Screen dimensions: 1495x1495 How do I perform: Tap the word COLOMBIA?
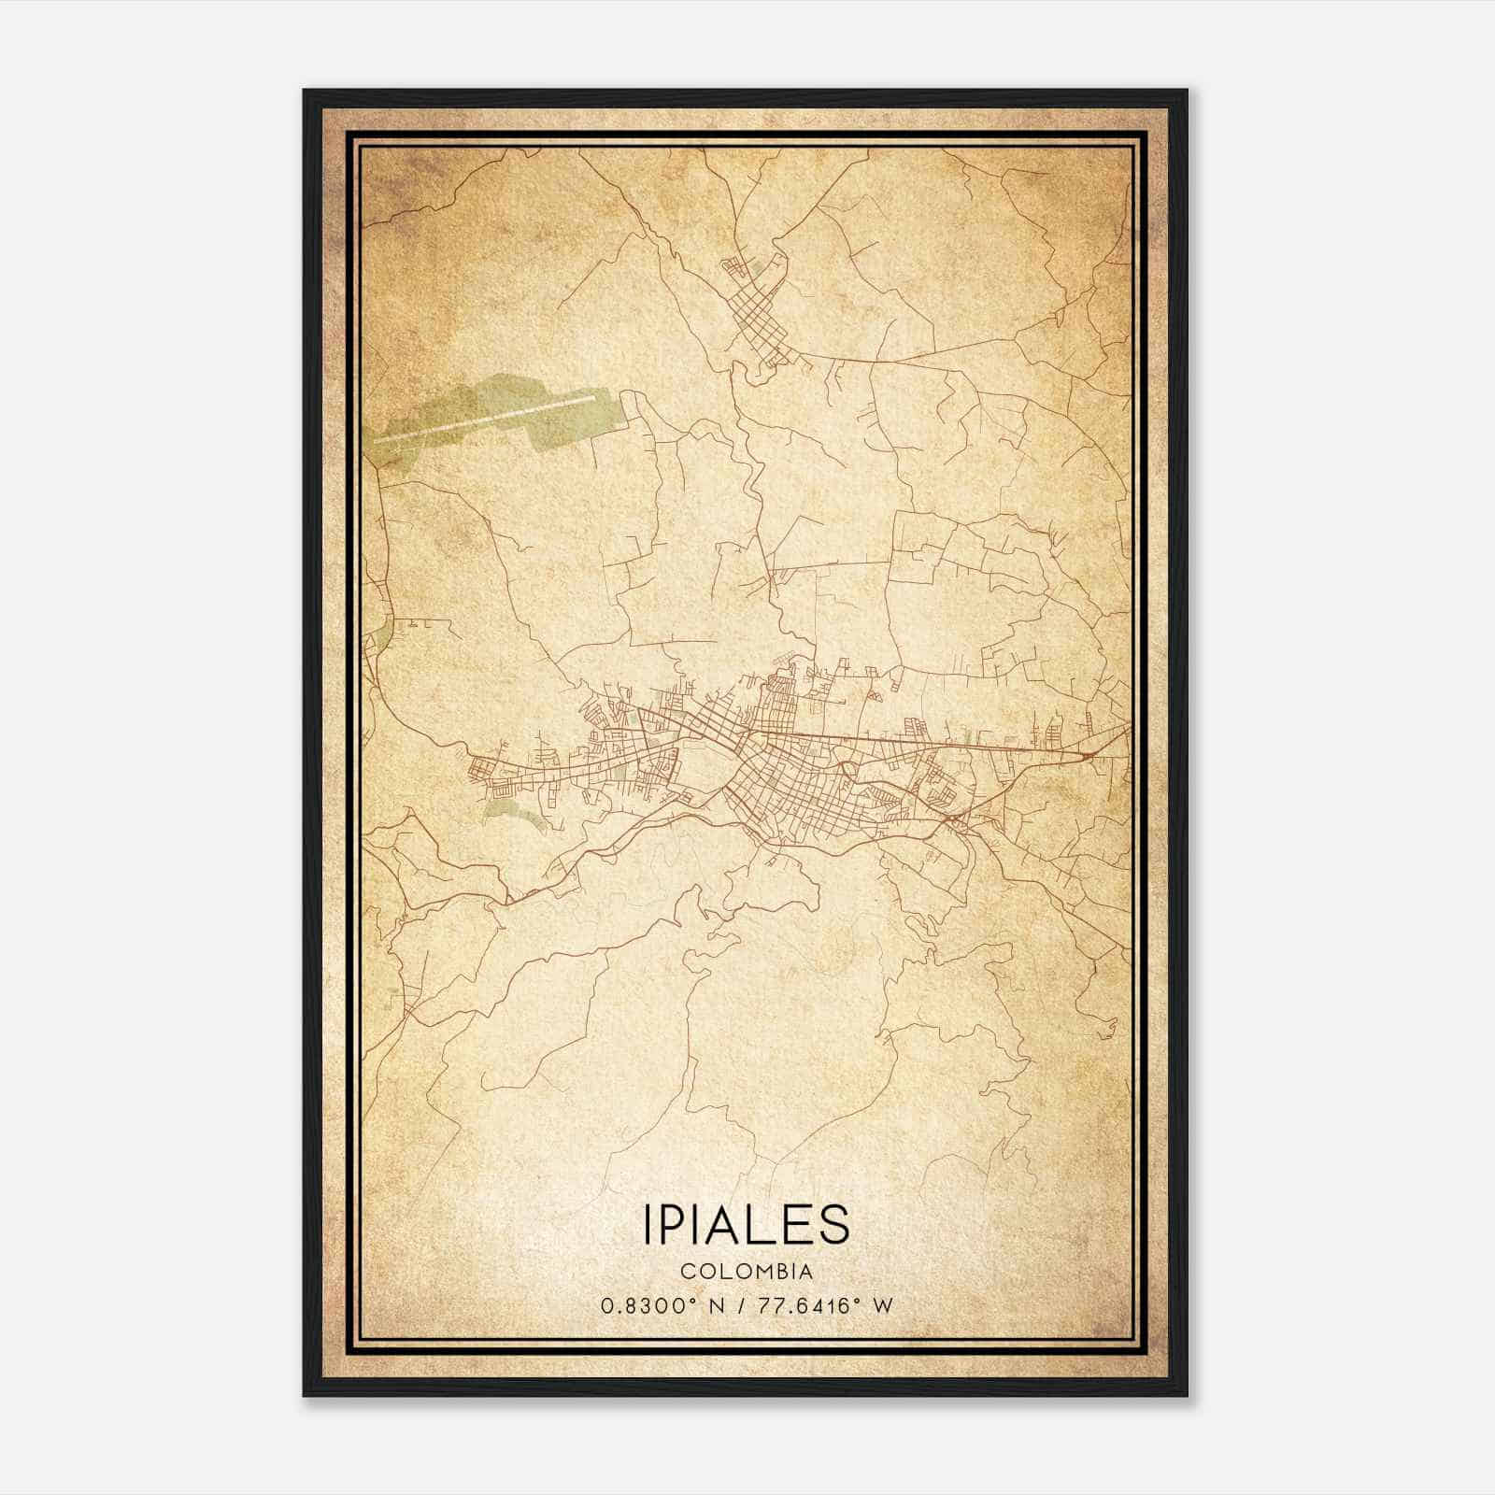coord(747,1271)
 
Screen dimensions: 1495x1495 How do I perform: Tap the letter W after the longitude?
coord(882,1305)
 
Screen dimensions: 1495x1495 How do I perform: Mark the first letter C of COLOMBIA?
coord(687,1271)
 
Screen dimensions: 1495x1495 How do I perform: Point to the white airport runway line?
coord(486,417)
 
